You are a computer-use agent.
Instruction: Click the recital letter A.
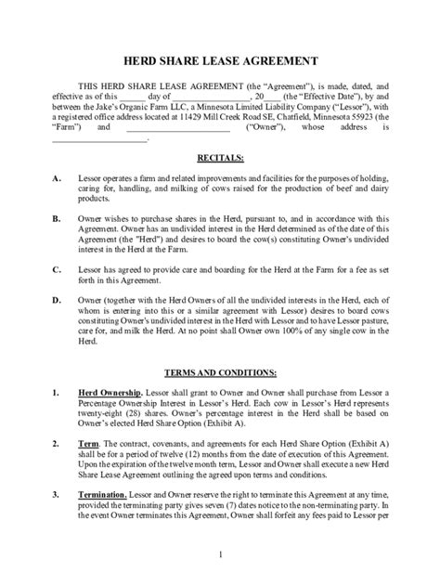point(58,177)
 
